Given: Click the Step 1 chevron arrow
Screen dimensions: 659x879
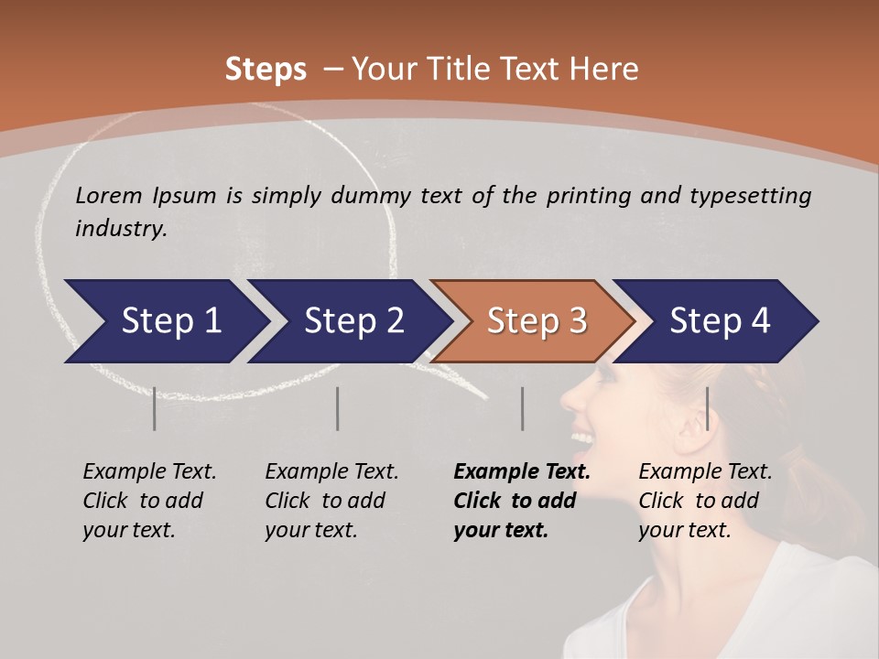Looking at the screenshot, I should [x=170, y=321].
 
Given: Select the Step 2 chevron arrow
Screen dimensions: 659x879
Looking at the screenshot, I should [x=353, y=321].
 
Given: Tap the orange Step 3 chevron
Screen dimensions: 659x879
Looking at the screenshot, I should [x=537, y=321].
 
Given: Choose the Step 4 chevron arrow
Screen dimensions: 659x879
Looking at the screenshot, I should [x=720, y=321].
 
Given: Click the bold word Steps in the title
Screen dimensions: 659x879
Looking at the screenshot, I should [x=266, y=70].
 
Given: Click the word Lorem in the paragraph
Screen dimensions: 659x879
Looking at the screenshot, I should [x=108, y=195].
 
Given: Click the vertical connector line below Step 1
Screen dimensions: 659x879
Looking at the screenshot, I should [x=154, y=408].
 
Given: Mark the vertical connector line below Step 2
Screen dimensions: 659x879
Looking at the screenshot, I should [x=338, y=408].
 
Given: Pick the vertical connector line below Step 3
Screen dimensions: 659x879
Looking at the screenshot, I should [x=522, y=408].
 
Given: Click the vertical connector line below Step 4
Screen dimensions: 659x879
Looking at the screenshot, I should [x=707, y=408].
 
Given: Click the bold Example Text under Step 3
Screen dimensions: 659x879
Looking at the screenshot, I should [x=522, y=472].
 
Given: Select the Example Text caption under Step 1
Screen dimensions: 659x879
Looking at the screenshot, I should [x=149, y=472].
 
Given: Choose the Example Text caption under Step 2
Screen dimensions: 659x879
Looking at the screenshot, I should [x=331, y=472].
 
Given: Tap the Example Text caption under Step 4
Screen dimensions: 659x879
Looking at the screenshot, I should [x=705, y=472].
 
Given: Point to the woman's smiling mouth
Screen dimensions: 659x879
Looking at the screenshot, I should [x=582, y=440].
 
